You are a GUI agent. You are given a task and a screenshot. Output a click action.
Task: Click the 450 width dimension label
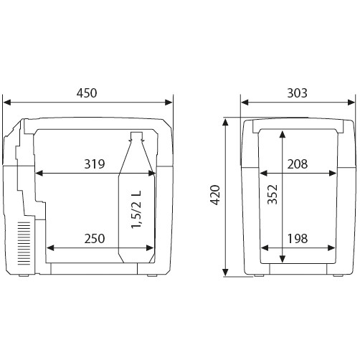tap(87, 93)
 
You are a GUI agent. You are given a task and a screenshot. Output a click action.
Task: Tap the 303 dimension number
tap(297, 93)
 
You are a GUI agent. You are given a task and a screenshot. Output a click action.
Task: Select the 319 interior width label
tap(95, 164)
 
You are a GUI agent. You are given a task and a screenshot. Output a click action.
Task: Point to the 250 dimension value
tap(95, 239)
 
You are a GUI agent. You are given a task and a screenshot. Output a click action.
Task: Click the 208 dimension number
tap(297, 164)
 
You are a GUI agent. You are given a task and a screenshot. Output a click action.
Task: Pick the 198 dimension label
tap(297, 239)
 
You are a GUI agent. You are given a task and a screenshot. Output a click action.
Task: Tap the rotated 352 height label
tap(273, 194)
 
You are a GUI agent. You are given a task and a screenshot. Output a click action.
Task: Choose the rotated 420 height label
tap(215, 195)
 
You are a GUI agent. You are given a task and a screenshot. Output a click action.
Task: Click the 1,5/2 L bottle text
tap(136, 209)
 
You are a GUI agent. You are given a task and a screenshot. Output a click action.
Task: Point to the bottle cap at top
tap(136, 136)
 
